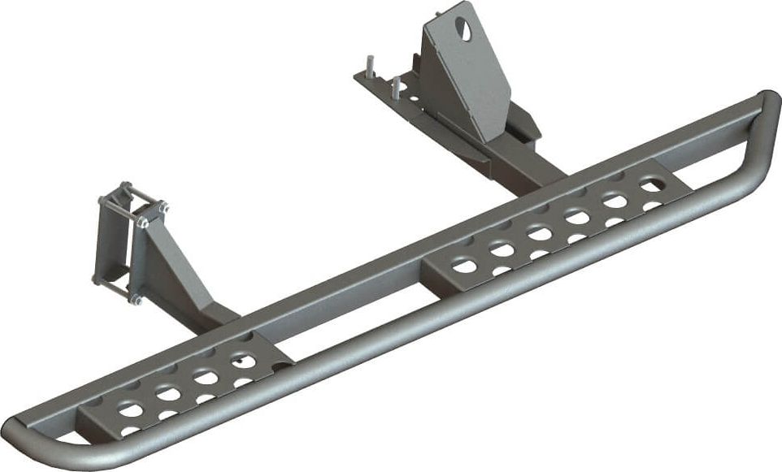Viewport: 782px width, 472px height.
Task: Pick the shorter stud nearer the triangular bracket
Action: tap(395, 86)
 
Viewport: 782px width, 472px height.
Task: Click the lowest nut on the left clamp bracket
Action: tap(135, 300)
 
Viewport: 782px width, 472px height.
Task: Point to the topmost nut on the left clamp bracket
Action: tap(125, 187)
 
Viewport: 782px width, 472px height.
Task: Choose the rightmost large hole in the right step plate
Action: tap(650, 186)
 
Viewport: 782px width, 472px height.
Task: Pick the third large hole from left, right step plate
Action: tap(539, 233)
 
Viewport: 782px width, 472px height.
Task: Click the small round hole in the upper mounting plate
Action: tap(414, 98)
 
